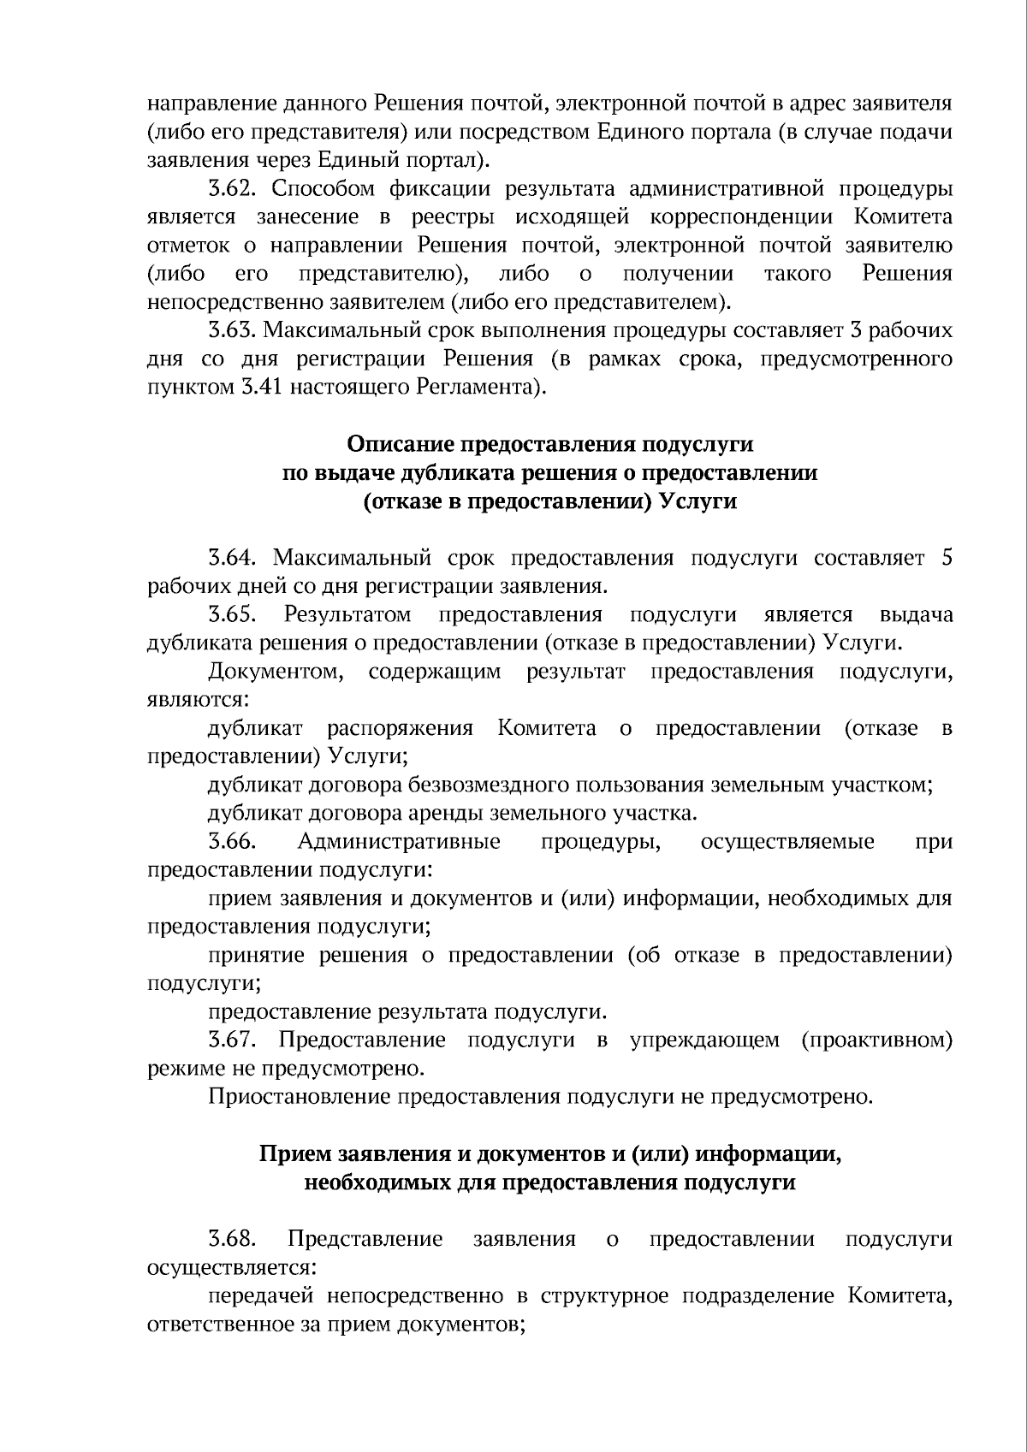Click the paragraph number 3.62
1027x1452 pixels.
232,189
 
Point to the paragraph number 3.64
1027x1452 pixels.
232,559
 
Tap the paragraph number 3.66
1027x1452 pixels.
232,842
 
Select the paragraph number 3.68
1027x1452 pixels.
232,1239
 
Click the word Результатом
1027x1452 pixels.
348,615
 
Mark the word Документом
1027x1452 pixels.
275,672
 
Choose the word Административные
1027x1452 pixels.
399,842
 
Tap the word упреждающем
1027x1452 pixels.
705,1040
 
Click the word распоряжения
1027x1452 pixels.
400,729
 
